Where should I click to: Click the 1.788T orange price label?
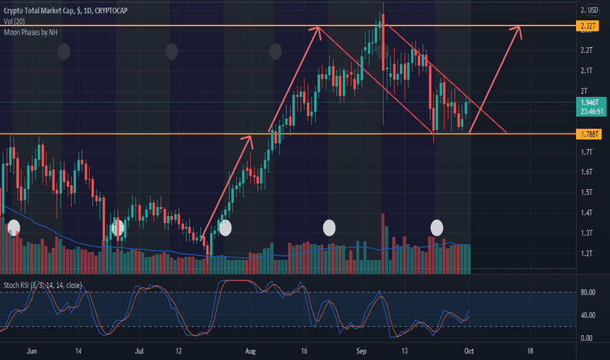pyautogui.click(x=587, y=134)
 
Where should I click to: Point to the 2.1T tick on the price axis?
pyautogui.click(x=586, y=71)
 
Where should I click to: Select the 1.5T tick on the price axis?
pyautogui.click(x=586, y=192)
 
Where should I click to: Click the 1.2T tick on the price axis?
pyautogui.click(x=586, y=253)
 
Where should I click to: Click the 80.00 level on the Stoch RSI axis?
pyautogui.click(x=586, y=293)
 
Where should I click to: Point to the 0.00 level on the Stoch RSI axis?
pyautogui.click(x=586, y=338)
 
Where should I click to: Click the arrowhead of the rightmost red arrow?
pyautogui.click(x=520, y=28)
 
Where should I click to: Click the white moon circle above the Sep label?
pyautogui.click(x=330, y=227)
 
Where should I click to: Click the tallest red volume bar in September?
pyautogui.click(x=382, y=243)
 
